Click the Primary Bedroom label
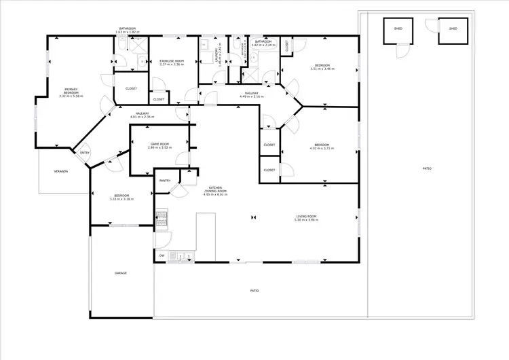tap(71, 90)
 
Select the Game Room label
tap(159, 144)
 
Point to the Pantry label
tap(165, 181)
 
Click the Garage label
tap(121, 273)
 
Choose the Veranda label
tap(61, 171)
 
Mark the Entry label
tap(85, 153)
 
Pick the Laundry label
tap(217, 52)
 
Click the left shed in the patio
tap(396, 29)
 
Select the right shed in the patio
tap(453, 29)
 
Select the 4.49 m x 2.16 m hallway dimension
tap(251, 97)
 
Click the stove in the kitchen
tap(162, 218)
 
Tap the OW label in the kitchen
tap(162, 255)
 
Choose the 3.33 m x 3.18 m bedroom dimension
tap(121, 200)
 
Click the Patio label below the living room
tap(254, 291)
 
